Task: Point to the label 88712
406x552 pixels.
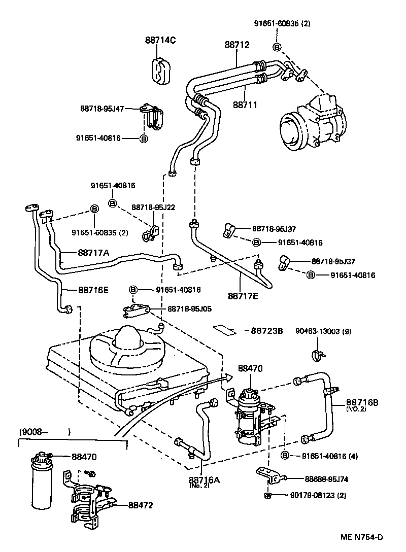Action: pos(237,45)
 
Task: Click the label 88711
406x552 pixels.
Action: pos(245,105)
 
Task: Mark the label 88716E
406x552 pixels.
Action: pos(94,290)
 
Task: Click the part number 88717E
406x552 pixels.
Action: pos(243,295)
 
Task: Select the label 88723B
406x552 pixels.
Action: pos(266,331)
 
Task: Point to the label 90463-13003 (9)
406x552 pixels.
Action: pos(323,332)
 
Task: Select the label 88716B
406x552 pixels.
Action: pos(362,401)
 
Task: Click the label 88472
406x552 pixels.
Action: pos(141,505)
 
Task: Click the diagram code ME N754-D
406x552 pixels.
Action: pos(362,537)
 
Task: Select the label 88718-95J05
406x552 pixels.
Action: pos(190,308)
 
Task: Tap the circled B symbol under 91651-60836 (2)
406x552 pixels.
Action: pos(277,47)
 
